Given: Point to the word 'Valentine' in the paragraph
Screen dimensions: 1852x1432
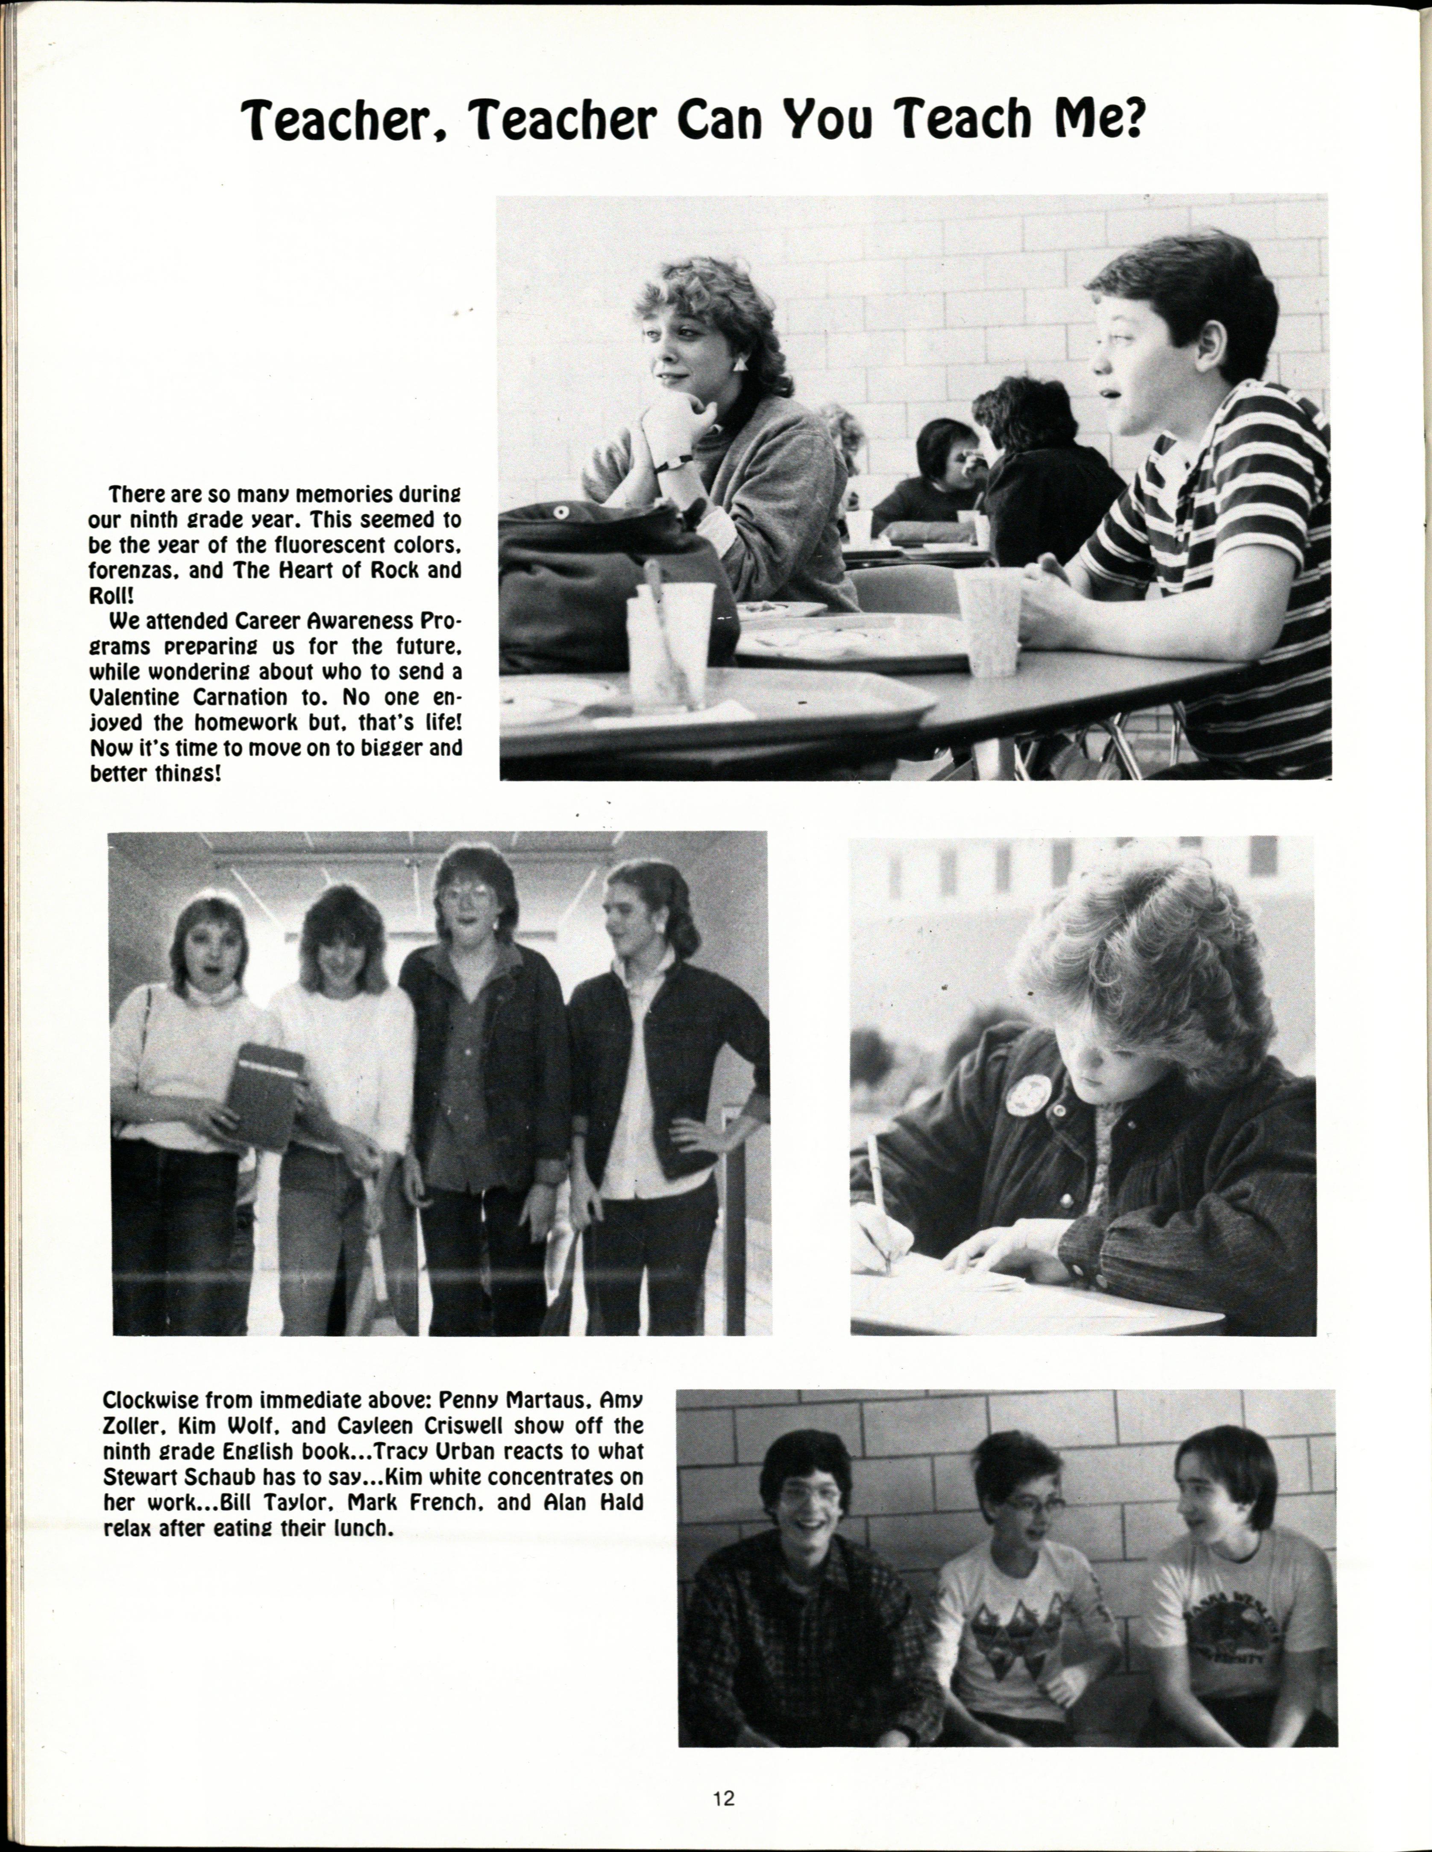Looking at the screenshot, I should (134, 697).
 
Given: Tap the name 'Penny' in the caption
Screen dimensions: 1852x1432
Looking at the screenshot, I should (469, 1397).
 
